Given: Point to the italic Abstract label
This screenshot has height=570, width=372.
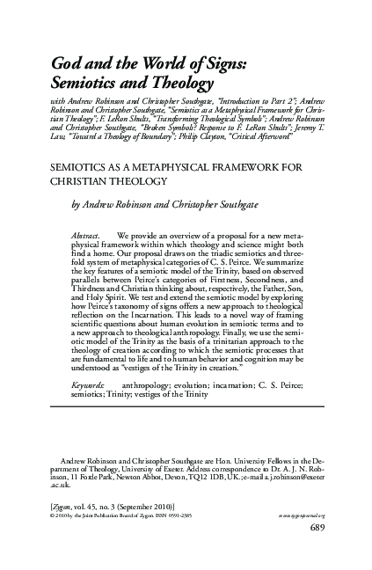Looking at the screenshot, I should click(86, 237).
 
